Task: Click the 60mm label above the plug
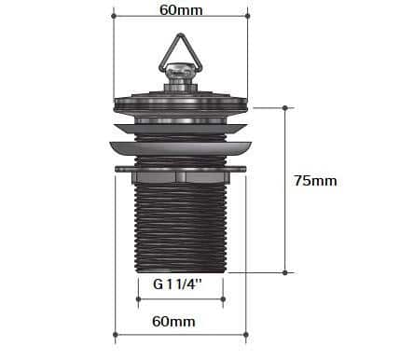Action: pyautogui.click(x=181, y=10)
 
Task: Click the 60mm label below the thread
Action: pyautogui.click(x=173, y=321)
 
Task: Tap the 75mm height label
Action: pyautogui.click(x=315, y=181)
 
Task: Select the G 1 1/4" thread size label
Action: pyautogui.click(x=177, y=284)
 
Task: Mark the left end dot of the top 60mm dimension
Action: pyautogui.click(x=114, y=16)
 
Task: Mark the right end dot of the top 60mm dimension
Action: pyautogui.click(x=247, y=16)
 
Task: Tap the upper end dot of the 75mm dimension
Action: pyautogui.click(x=285, y=108)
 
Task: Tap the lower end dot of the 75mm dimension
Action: pyautogui.click(x=285, y=272)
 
